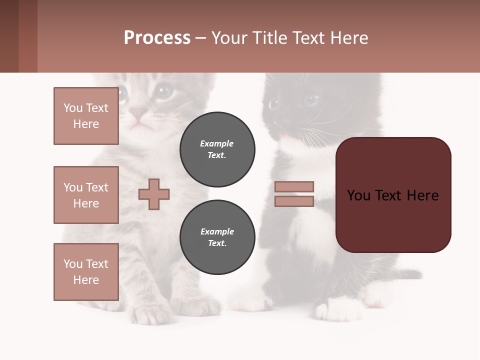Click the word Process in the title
pos(157,38)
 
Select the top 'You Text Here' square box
pos(86,116)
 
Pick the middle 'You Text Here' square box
pos(86,195)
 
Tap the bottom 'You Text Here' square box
pos(86,272)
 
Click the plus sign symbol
pos(154,194)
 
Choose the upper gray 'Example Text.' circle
pos(217,149)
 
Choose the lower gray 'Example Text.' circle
pos(217,237)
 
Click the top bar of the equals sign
pos(294,186)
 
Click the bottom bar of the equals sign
pos(294,201)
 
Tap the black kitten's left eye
pos(273,104)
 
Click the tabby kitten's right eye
pos(162,91)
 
